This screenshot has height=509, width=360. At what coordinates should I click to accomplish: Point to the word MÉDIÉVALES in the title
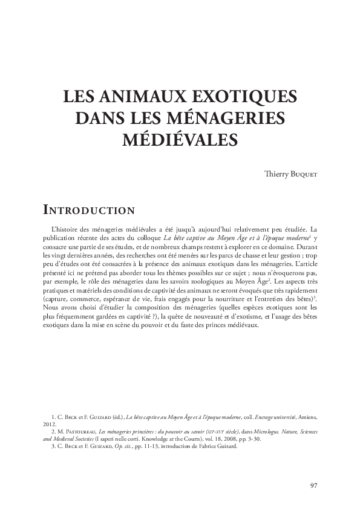coord(180,138)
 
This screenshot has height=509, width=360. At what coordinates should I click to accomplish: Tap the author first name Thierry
coord(276,175)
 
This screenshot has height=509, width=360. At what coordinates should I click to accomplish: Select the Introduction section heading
coord(89,210)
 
